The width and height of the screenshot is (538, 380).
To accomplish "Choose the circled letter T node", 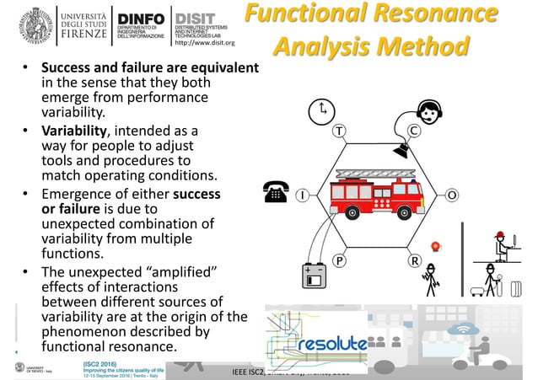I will click(339, 131).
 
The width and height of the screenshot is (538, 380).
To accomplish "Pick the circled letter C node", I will click(414, 131).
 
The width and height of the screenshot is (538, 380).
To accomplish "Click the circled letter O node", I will click(452, 195).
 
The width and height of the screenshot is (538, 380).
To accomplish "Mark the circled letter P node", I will click(339, 261).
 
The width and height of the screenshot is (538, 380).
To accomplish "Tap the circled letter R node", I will click(414, 261).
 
